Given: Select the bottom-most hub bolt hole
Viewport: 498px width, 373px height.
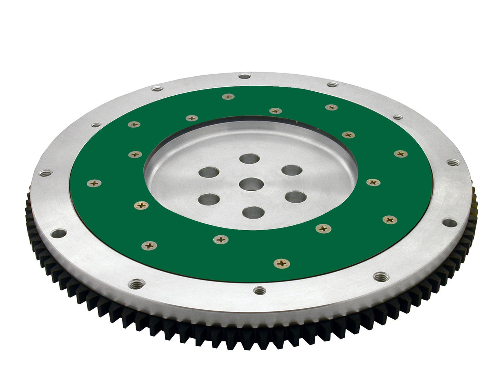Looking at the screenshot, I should (253, 212).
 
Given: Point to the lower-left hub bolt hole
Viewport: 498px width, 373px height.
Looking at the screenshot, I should (209, 199).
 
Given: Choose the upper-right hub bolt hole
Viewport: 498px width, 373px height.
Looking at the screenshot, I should (292, 170).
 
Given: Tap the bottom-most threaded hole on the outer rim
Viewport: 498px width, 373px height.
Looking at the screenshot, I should (259, 291).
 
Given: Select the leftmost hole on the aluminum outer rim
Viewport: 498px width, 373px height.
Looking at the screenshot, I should (45, 173).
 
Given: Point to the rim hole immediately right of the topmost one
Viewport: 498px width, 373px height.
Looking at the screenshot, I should (332, 84).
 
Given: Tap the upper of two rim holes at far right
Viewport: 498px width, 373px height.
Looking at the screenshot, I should (451, 162).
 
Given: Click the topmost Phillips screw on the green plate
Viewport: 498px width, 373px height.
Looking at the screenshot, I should (228, 97).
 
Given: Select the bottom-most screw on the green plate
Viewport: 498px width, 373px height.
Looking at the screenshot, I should (282, 264).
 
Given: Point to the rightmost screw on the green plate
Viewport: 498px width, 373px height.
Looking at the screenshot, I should (400, 154).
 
